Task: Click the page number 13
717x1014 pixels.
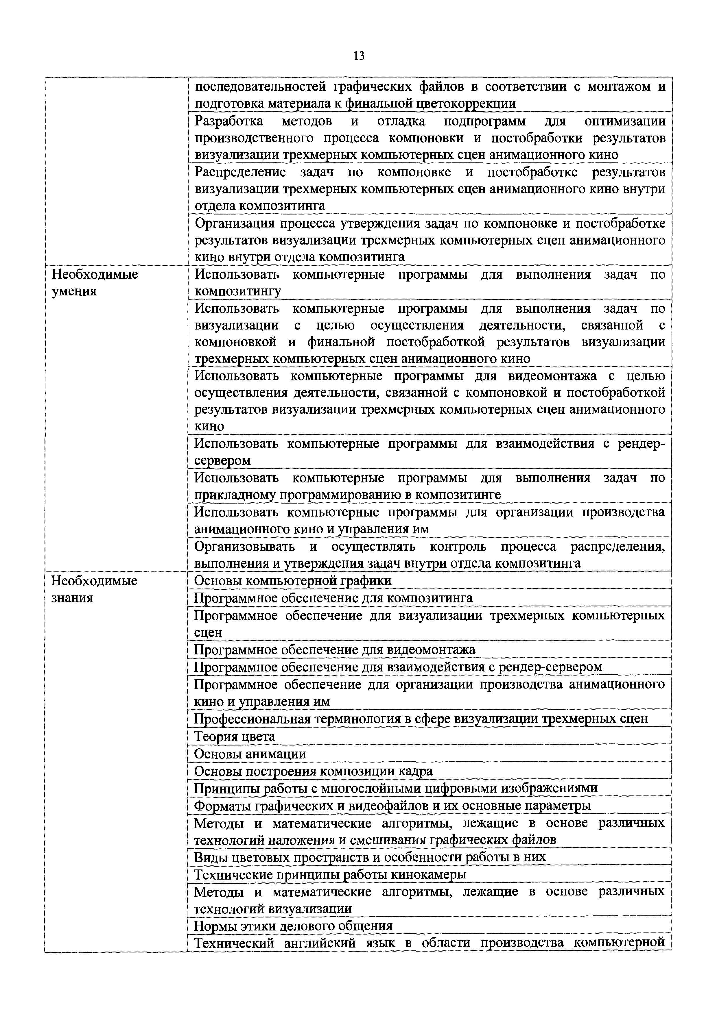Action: pyautogui.click(x=359, y=56)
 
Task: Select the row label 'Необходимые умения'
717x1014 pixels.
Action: pyautogui.click(x=95, y=283)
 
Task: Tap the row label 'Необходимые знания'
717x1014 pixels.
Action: pyautogui.click(x=94, y=589)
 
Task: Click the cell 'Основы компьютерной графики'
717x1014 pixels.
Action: pyautogui.click(x=292, y=580)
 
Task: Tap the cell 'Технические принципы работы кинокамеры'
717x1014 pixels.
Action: pyautogui.click(x=331, y=874)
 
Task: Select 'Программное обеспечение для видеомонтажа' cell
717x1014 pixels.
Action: pyautogui.click(x=334, y=650)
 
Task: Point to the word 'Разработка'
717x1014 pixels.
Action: pyautogui.click(x=229, y=121)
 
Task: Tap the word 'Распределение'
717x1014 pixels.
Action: pyautogui.click(x=240, y=172)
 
